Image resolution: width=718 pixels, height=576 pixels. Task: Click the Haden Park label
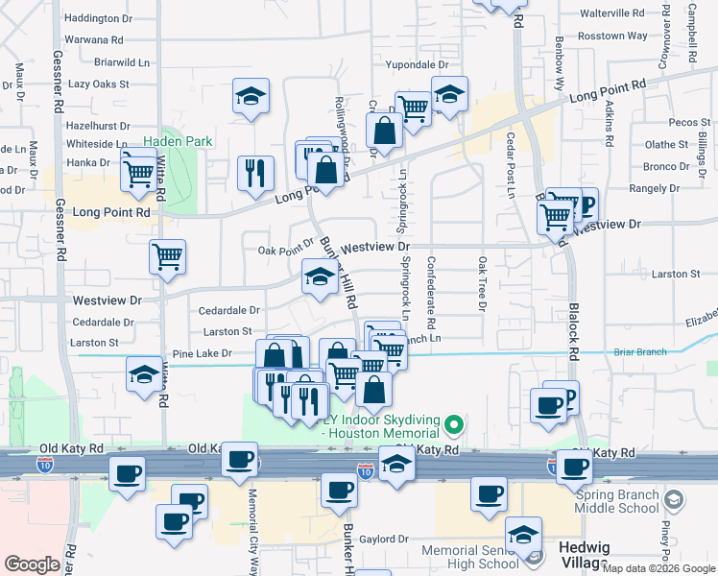(185, 141)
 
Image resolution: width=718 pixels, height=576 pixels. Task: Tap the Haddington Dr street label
(98, 18)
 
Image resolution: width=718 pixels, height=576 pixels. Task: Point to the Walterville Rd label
(612, 13)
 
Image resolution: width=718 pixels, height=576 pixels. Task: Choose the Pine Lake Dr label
(200, 354)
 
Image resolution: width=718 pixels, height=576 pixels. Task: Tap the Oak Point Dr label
(286, 251)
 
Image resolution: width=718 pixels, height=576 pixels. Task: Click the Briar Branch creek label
(639, 352)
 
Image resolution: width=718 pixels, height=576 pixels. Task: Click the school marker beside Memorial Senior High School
(524, 534)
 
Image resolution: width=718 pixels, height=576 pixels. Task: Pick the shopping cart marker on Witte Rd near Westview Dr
(167, 256)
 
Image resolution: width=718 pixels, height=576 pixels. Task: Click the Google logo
(32, 564)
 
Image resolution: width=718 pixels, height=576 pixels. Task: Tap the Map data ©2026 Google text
(658, 568)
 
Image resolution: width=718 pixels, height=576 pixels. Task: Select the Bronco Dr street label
(665, 166)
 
